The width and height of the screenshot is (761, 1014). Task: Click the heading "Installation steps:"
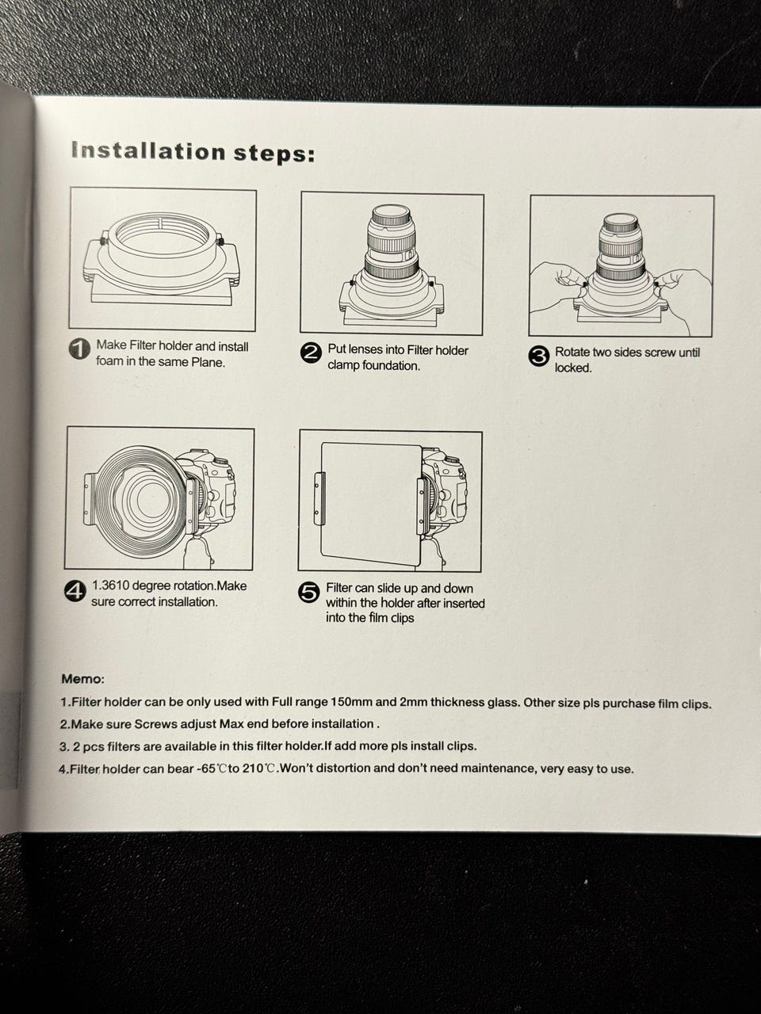pos(193,152)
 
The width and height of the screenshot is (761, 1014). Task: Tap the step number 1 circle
pos(80,349)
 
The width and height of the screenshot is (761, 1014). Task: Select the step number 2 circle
pos(311,353)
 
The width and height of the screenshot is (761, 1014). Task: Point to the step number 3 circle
pos(538,356)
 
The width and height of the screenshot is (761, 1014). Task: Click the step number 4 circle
pos(75,592)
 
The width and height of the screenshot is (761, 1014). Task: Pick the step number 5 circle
pos(308,593)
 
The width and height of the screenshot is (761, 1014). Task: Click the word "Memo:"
pos(83,679)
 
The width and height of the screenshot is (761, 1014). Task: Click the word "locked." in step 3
pos(573,368)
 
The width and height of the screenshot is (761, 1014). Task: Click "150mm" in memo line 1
pos(349,702)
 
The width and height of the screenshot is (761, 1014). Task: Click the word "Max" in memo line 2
pos(231,724)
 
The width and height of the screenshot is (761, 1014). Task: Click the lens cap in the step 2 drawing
pos(391,215)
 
